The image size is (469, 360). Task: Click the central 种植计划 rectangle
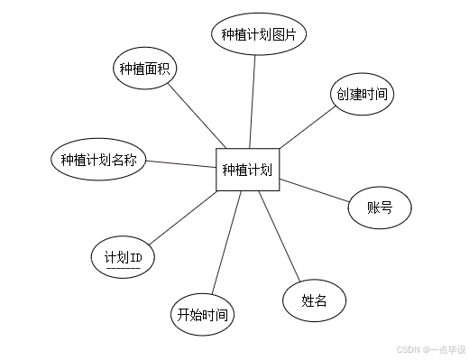tap(247, 170)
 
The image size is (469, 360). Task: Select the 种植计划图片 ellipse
tap(260, 35)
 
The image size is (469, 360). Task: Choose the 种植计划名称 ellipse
tap(98, 161)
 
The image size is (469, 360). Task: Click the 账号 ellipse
tap(380, 208)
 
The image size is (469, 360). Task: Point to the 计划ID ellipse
tap(124, 259)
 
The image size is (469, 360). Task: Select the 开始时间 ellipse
tap(202, 315)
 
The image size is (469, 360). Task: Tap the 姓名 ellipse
tap(313, 301)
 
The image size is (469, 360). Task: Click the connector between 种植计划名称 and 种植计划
tap(181, 164)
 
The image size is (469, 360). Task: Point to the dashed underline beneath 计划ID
tap(123, 269)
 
